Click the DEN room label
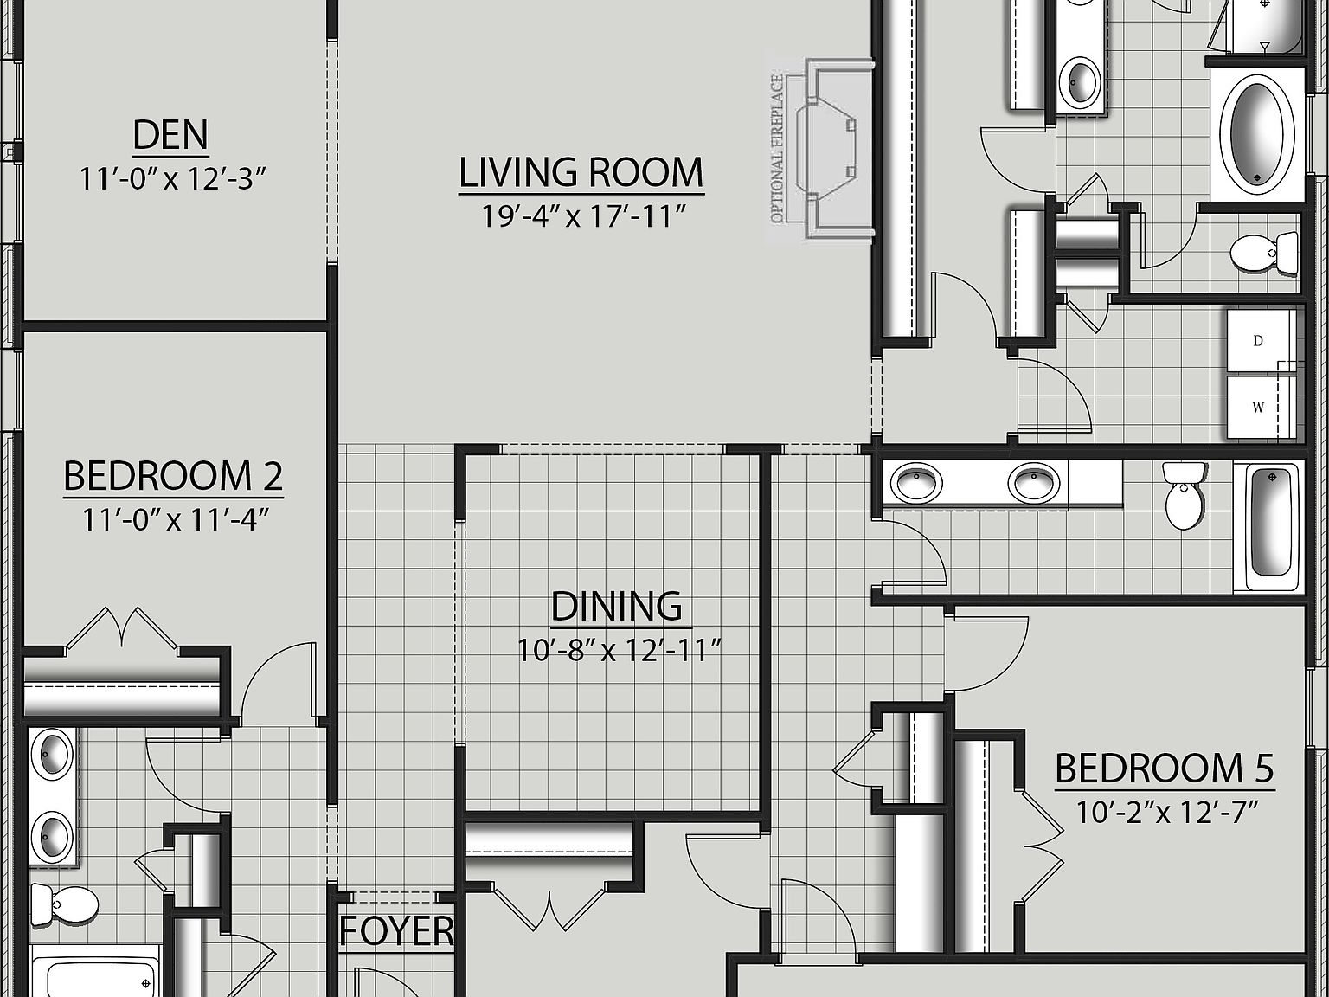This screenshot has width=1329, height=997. tap(170, 135)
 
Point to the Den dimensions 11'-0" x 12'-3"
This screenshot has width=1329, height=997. tap(171, 179)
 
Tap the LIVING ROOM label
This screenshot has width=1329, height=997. tap(581, 172)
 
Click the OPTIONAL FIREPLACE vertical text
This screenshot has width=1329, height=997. tap(777, 149)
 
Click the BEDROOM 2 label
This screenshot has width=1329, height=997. tap(173, 476)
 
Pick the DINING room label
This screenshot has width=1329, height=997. tap(616, 607)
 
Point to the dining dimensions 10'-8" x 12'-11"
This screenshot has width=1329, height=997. tap(620, 650)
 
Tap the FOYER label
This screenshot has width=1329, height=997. tap(396, 931)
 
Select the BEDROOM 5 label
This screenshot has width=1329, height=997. tap(1164, 769)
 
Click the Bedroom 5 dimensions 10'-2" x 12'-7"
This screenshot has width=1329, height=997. tap(1165, 813)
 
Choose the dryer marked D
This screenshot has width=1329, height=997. tap(1259, 341)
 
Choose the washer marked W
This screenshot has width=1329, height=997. tap(1259, 407)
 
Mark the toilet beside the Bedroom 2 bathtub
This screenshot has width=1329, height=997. tap(63, 905)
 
